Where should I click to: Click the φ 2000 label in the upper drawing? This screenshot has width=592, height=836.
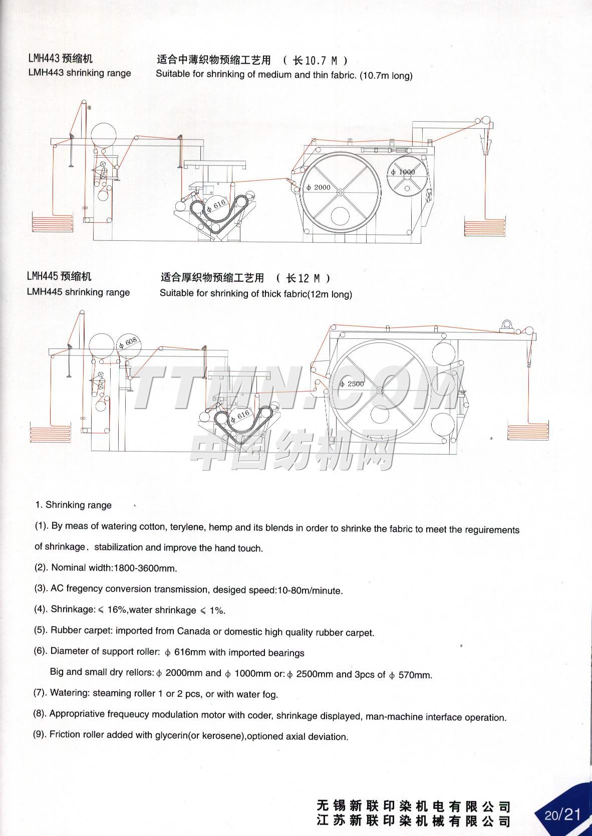coord(319,187)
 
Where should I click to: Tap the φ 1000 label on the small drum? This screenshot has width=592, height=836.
coord(403,172)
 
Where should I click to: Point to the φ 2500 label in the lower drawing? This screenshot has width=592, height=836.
coord(352,383)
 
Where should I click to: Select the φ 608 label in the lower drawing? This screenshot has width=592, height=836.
coord(128,342)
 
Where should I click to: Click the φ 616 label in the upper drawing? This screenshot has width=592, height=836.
coord(217,205)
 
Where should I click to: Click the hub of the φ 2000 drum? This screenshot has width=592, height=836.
coord(340,192)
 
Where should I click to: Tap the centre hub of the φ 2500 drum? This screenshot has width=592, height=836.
coord(380,390)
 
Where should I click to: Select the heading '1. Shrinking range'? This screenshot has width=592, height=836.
coord(74,505)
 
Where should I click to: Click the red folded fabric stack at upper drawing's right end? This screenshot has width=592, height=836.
coord(484,227)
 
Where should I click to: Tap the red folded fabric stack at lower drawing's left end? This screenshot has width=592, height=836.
coord(50,434)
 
